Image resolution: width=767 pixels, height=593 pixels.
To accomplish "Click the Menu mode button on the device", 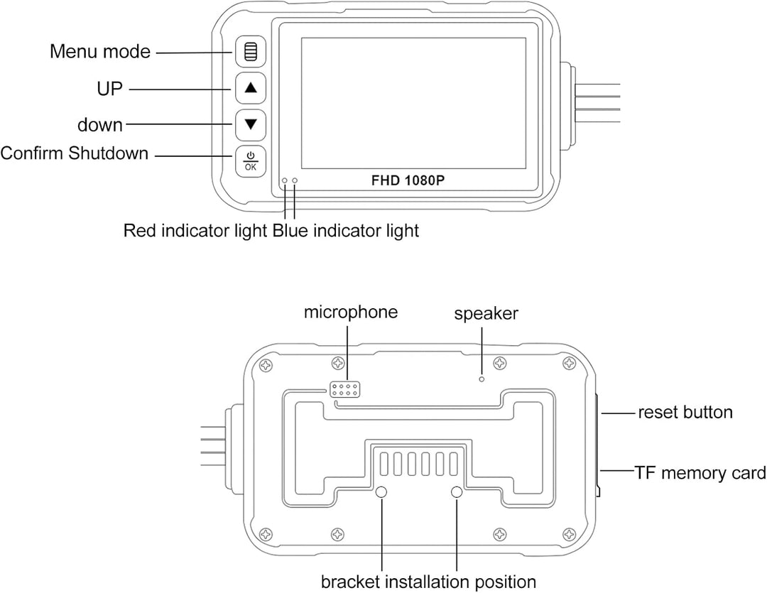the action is click(x=251, y=51).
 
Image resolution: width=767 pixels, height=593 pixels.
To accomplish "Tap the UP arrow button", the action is click(x=251, y=88).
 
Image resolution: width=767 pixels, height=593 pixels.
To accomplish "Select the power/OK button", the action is click(x=251, y=161).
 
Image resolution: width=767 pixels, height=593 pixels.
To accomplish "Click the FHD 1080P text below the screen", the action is click(x=408, y=180).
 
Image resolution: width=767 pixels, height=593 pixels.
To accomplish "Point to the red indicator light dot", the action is click(x=285, y=180).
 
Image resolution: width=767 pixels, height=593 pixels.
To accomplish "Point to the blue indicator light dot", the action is click(x=295, y=180).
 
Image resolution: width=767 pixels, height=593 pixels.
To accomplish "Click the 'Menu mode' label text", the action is click(x=100, y=51).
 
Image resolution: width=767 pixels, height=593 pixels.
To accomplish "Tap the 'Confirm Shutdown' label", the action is click(x=75, y=153).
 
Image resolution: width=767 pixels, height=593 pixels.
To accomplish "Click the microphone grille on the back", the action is click(x=345, y=389).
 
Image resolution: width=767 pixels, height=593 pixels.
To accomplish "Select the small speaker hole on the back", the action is click(x=482, y=379).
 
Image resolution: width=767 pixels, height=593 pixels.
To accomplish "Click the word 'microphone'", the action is click(x=351, y=312).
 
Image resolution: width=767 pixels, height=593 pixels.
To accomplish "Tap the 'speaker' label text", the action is click(x=486, y=314).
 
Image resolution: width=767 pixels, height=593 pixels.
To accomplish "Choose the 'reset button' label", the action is click(x=685, y=413).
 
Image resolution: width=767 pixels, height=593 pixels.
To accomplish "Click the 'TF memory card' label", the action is click(x=700, y=473).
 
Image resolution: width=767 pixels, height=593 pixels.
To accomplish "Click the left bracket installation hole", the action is click(x=381, y=491).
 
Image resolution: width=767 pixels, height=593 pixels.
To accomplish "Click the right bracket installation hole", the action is click(x=457, y=491).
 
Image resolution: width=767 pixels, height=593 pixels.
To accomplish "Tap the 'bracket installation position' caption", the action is click(x=428, y=582).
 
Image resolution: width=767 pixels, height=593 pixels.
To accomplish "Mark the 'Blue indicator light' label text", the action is click(x=346, y=230).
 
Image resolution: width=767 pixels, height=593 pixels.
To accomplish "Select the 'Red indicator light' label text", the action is click(x=195, y=230).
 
